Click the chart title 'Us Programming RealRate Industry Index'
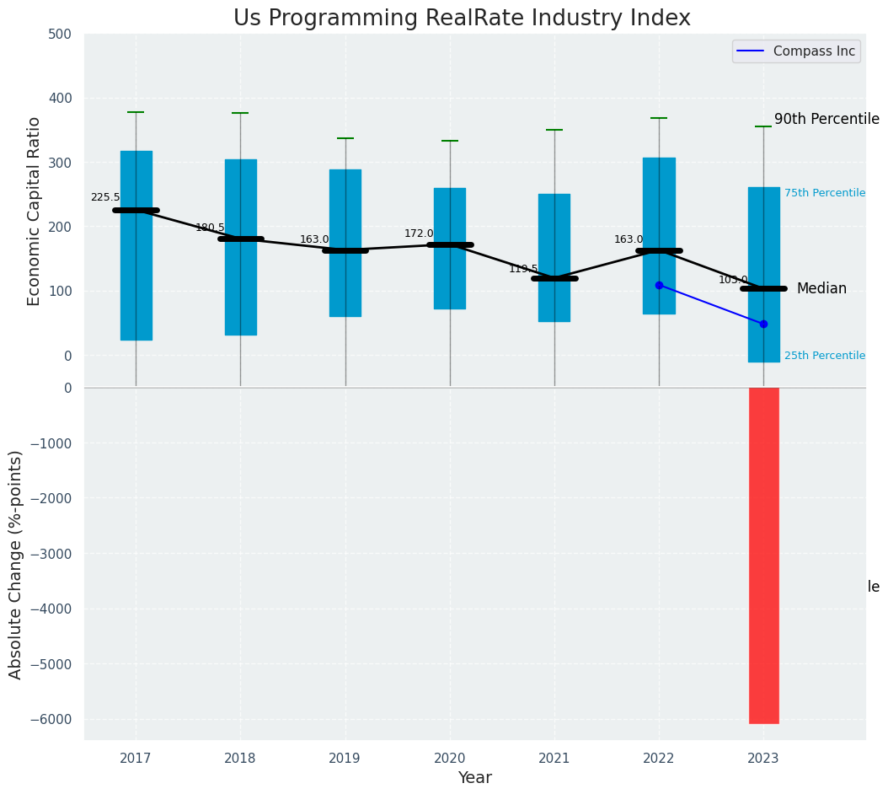462,19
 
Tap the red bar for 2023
763,555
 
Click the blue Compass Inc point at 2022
659,285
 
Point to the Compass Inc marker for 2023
763,324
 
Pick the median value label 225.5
105,197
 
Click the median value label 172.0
419,233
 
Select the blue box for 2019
345,243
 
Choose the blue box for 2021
554,257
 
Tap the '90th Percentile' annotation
826,120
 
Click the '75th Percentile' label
824,193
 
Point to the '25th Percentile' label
824,356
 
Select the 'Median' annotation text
821,288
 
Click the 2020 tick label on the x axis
449,759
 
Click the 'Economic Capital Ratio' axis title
35,211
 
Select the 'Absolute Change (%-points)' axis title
16,564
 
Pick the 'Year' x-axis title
474,778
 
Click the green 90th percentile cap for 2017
136,112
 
